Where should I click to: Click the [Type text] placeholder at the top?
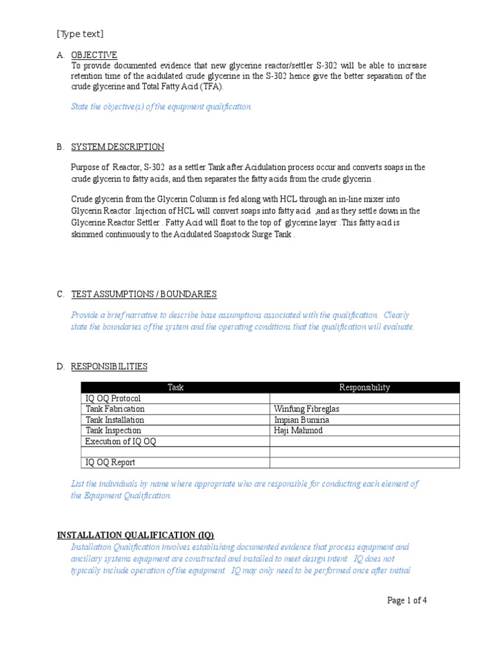click(80, 34)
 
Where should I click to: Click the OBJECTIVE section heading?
click(94, 55)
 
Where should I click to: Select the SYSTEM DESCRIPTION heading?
click(117, 147)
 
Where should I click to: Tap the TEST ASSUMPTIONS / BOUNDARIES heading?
click(144, 294)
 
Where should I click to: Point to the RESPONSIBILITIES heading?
click(109, 366)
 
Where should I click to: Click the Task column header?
click(175, 387)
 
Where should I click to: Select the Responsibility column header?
click(364, 387)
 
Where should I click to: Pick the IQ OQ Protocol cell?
click(113, 399)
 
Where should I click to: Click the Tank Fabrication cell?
click(115, 409)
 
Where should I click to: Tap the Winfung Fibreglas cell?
click(306, 409)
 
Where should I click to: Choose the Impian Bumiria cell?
click(301, 420)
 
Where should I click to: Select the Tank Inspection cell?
click(114, 431)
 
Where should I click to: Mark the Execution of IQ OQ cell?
click(120, 442)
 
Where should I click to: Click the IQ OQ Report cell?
click(110, 463)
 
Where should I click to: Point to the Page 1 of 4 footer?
click(406, 600)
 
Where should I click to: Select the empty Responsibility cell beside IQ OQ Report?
click(364, 463)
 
